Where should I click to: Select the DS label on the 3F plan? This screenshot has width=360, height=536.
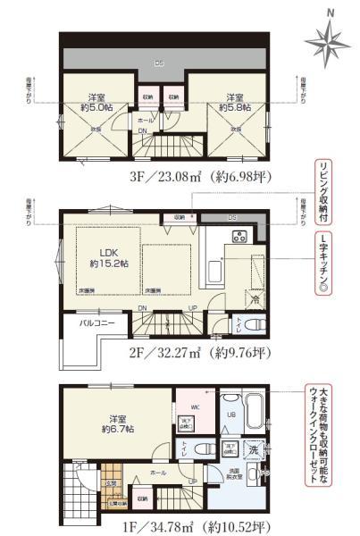pos(160,63)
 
